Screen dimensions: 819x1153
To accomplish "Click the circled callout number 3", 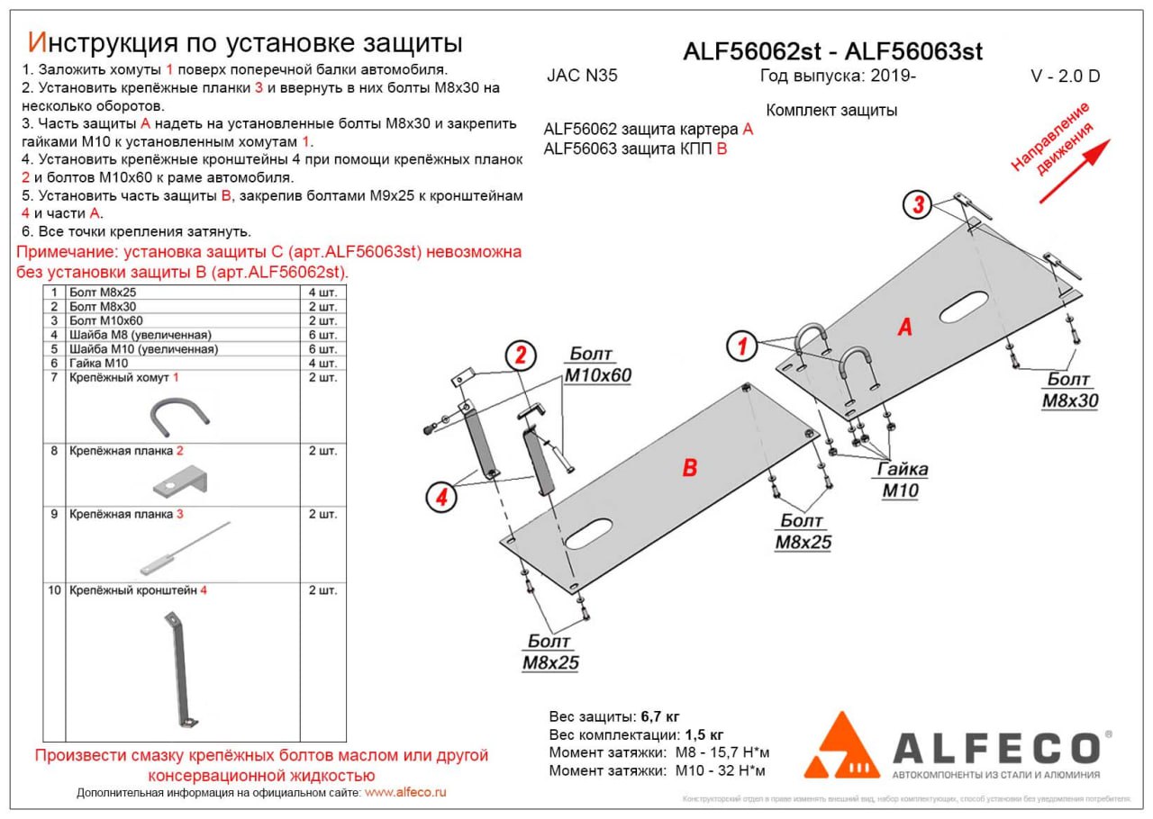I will tap(918, 205).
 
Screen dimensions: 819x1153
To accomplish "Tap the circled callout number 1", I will tap(741, 346).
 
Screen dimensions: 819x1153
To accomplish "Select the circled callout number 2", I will tap(520, 356).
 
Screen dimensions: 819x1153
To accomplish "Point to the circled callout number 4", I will tap(440, 497).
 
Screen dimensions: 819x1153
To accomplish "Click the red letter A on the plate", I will tap(904, 328).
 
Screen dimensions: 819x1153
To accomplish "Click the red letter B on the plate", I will tap(689, 467).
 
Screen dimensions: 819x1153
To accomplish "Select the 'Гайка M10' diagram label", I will tap(903, 480).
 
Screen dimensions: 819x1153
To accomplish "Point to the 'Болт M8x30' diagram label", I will tap(1069, 391).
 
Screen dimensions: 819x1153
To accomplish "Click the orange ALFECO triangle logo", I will tap(841, 748).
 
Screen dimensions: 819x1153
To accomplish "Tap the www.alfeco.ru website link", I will tap(405, 793).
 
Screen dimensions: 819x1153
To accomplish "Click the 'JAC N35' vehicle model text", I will tap(582, 76).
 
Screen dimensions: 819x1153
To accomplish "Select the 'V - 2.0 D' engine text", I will tap(1065, 76).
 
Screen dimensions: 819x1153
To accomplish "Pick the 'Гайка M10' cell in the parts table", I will tap(99, 363).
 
